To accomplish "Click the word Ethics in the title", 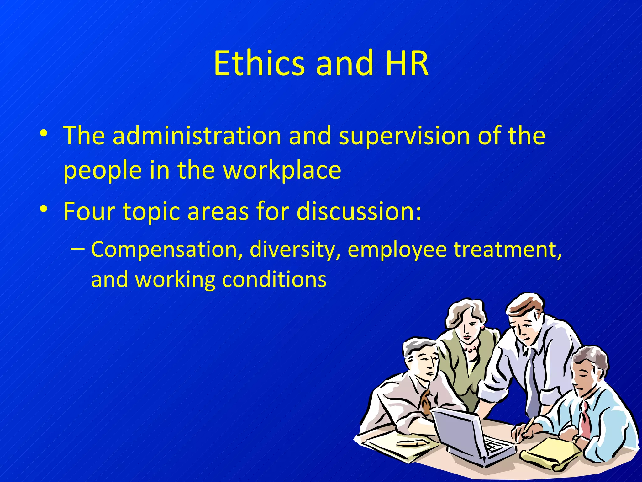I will click(259, 63).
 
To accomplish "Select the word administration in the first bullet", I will click(197, 136).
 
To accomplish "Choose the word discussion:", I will click(359, 211).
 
